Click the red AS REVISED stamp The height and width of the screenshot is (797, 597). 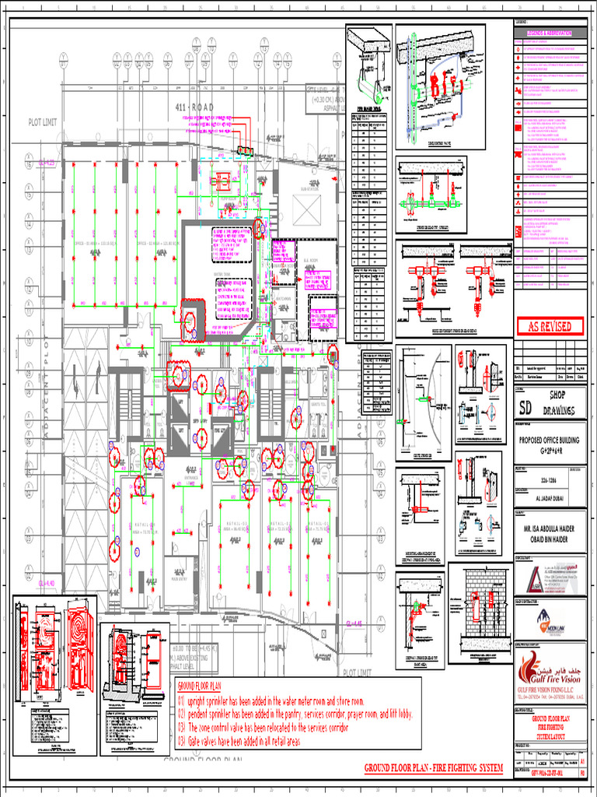[549, 326]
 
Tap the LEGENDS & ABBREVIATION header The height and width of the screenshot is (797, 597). [549, 33]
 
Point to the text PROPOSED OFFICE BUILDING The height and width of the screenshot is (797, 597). [549, 439]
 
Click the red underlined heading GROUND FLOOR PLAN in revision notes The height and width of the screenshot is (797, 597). [200, 686]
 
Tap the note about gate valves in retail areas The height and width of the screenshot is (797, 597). [245, 742]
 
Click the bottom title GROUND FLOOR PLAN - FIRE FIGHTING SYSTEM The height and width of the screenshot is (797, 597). [434, 769]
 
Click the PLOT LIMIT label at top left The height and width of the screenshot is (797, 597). [44, 122]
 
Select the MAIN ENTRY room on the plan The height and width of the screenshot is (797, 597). [180, 578]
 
